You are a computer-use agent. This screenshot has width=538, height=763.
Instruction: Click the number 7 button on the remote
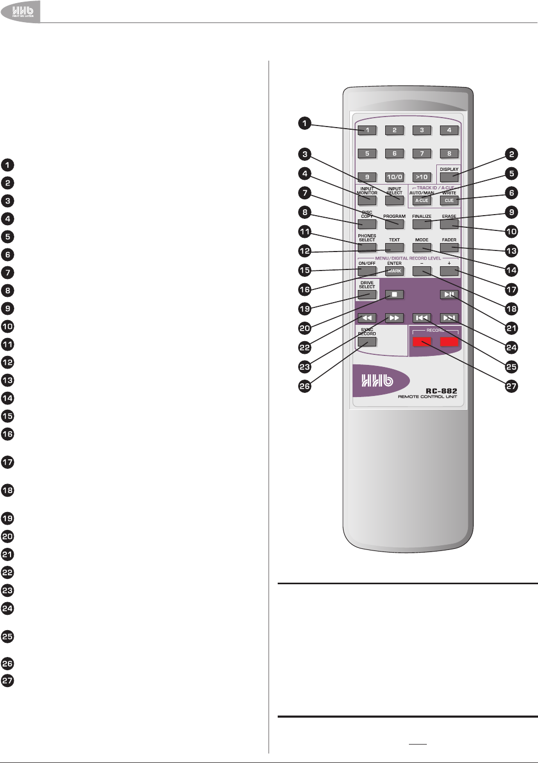[422, 153]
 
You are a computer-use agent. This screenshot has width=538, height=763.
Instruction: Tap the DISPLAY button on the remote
[449, 177]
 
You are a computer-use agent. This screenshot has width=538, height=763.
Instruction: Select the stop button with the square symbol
[394, 295]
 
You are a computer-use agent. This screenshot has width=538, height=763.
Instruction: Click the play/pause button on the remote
[449, 295]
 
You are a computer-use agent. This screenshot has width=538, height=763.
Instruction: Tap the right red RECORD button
[449, 342]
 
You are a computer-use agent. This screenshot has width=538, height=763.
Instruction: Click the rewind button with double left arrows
[367, 318]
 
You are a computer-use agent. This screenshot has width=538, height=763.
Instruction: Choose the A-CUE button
[422, 200]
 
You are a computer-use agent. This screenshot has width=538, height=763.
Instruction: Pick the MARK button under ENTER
[394, 271]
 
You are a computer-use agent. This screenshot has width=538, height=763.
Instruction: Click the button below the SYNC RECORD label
[367, 342]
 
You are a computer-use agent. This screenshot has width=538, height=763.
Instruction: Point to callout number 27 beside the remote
[511, 386]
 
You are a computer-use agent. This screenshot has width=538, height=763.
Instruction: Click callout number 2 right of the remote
[511, 154]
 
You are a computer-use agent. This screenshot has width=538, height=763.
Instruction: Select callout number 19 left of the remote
[305, 309]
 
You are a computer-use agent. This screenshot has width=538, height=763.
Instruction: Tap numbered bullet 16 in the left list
[7, 434]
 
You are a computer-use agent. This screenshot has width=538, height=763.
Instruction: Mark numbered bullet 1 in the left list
[7, 165]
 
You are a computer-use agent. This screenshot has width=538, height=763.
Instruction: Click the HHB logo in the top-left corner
[19, 11]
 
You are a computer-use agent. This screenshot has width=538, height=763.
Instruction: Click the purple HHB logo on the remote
[377, 380]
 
